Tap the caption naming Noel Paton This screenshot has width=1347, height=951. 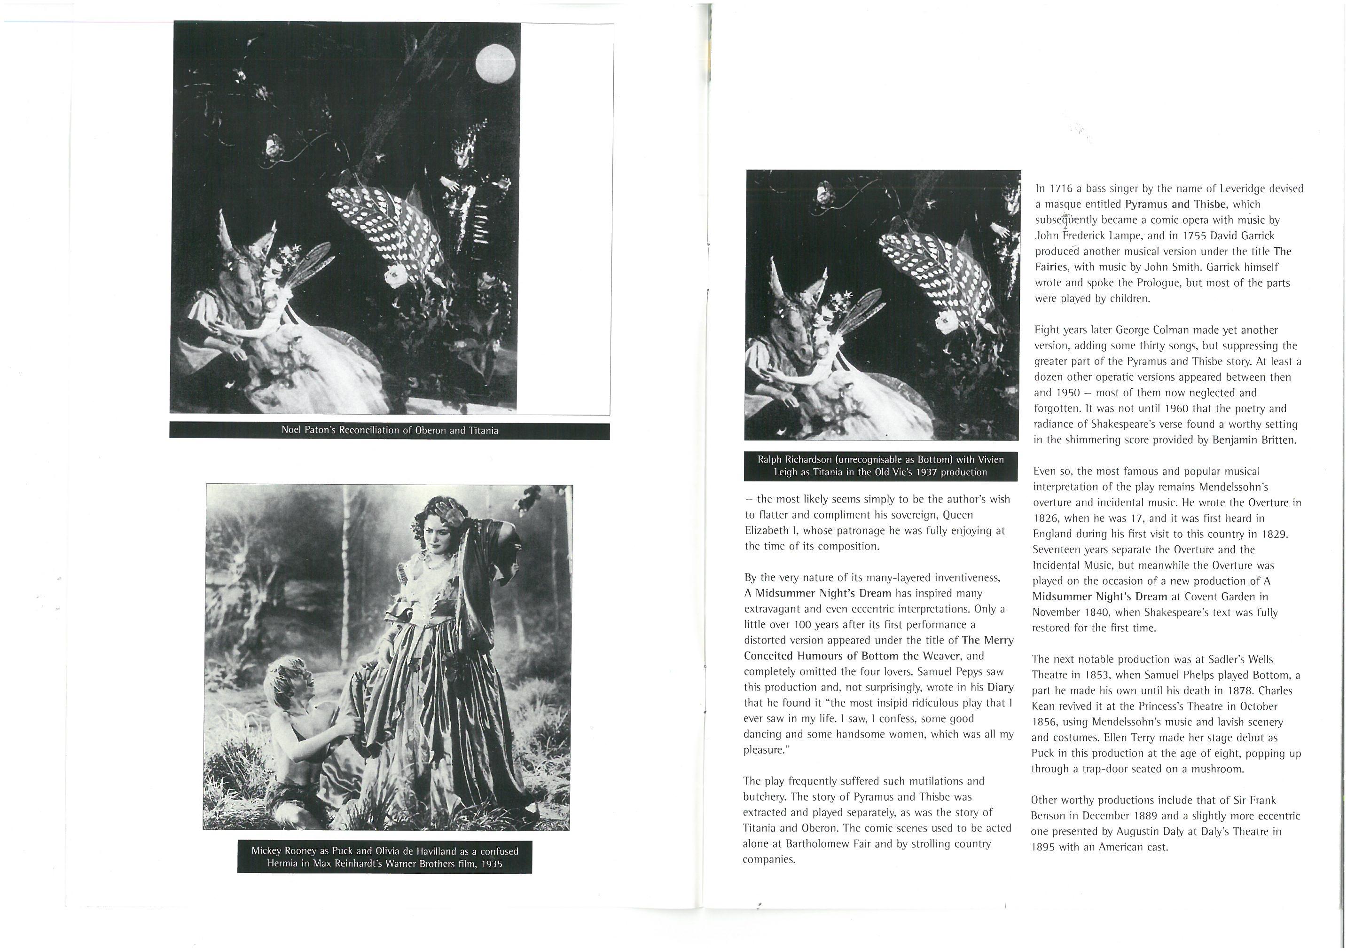point(390,431)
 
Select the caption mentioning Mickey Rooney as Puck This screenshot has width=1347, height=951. point(385,857)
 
